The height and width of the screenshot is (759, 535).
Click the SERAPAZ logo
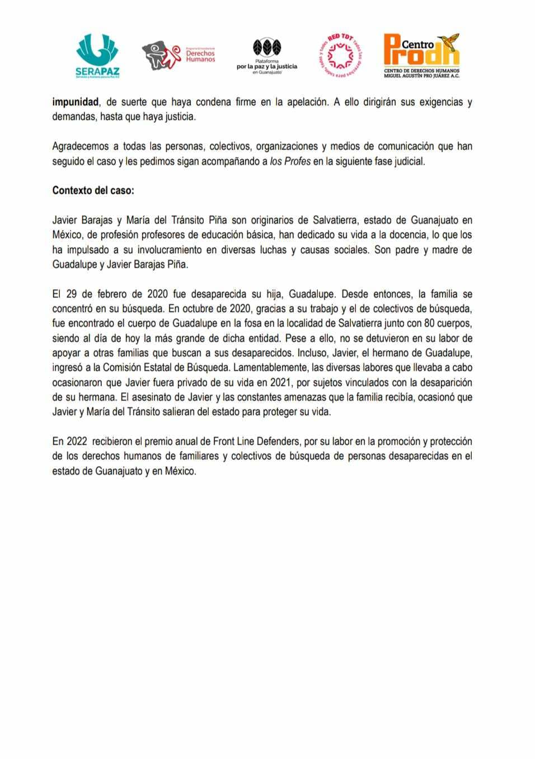click(x=97, y=55)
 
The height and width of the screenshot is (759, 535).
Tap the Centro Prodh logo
click(x=421, y=55)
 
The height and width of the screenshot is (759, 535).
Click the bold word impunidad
click(x=76, y=103)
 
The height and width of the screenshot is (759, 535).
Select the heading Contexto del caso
click(x=93, y=190)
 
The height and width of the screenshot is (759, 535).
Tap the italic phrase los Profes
click(x=290, y=161)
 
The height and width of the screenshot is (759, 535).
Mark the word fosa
click(x=255, y=323)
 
